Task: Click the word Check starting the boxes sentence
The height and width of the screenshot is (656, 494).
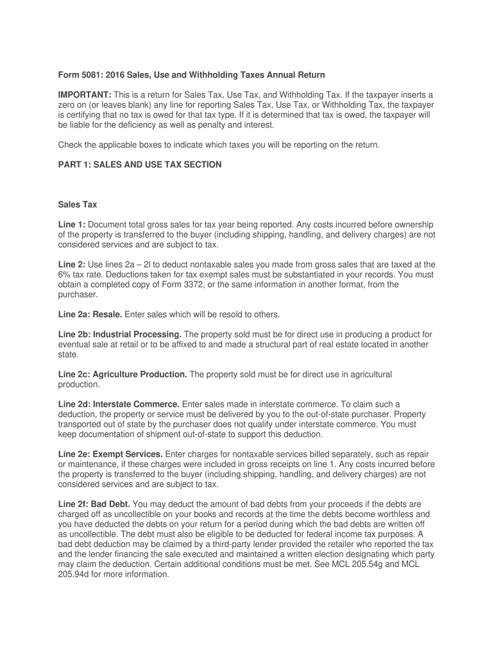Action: click(x=71, y=145)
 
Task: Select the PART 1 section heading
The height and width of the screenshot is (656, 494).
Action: click(x=139, y=165)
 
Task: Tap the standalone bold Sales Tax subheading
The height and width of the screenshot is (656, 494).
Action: click(x=77, y=205)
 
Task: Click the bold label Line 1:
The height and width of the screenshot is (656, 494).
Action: click(x=71, y=224)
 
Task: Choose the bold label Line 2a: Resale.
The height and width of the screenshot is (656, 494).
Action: click(x=90, y=315)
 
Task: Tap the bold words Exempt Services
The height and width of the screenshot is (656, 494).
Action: click(x=128, y=454)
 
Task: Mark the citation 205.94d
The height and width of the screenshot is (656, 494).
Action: click(x=74, y=575)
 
